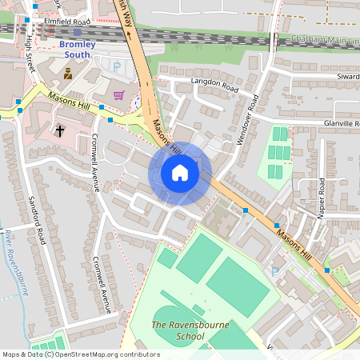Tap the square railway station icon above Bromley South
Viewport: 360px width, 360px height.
(x=78, y=32)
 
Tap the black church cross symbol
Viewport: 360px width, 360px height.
(x=60, y=129)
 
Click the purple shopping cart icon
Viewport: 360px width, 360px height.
(x=119, y=95)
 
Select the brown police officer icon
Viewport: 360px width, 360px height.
(x=67, y=74)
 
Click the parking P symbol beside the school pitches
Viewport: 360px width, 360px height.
(x=274, y=271)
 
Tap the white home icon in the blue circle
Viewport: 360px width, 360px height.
(x=180, y=173)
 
